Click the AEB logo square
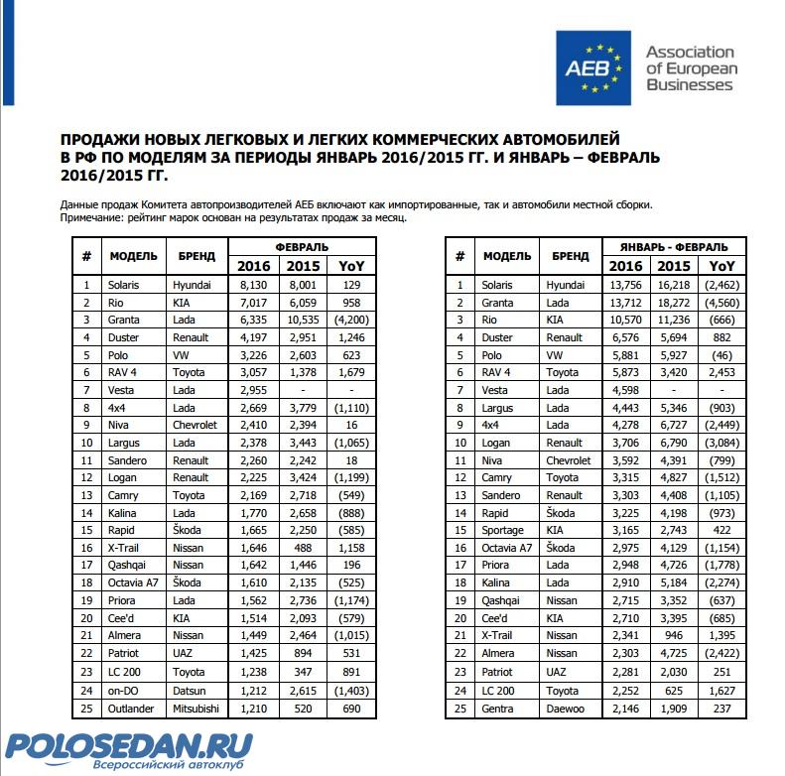coord(593,67)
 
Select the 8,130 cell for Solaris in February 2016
coord(253,285)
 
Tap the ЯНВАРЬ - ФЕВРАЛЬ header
coord(674,246)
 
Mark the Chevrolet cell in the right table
coord(566,460)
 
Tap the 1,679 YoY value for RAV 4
coord(351,372)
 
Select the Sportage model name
coord(502,531)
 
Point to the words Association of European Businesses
coord(690,67)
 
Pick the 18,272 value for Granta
coord(675,302)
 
